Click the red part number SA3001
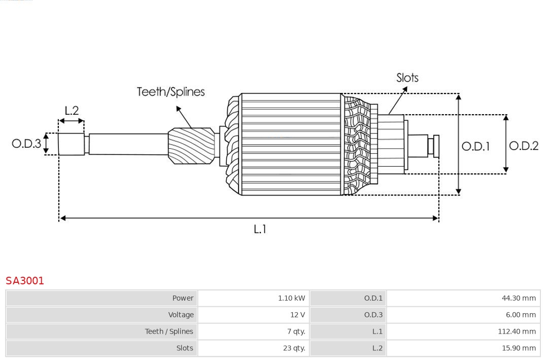click(25, 281)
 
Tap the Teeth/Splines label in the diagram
click(170, 92)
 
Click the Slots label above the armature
click(407, 78)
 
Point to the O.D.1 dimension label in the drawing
click(475, 146)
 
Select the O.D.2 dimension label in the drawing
click(523, 146)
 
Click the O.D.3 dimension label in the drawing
click(26, 144)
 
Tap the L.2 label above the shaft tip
click(72, 111)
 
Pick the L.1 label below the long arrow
click(260, 229)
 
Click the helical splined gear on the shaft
click(191, 145)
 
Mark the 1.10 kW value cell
click(291, 298)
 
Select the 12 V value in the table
click(297, 315)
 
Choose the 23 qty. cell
click(294, 348)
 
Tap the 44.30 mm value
click(519, 298)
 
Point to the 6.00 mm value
click(520, 315)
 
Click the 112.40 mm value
click(517, 332)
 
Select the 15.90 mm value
click(519, 348)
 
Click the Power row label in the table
click(183, 298)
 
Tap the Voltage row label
click(181, 315)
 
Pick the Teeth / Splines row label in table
click(169, 332)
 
